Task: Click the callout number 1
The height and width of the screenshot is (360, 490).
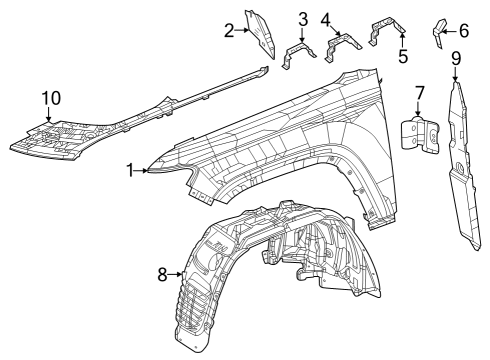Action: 131,171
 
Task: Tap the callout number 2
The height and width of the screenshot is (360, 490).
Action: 228,31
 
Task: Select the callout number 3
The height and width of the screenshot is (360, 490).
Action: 302,19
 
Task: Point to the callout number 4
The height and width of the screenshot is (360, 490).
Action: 326,19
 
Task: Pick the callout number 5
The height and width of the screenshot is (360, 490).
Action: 403,57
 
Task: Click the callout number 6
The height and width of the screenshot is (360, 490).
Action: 463,31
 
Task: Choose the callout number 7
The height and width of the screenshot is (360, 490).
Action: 420,93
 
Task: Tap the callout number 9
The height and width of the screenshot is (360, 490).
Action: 456,57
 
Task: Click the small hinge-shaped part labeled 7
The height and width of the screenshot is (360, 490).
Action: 418,134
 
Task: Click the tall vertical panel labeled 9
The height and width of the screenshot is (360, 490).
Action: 462,160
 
